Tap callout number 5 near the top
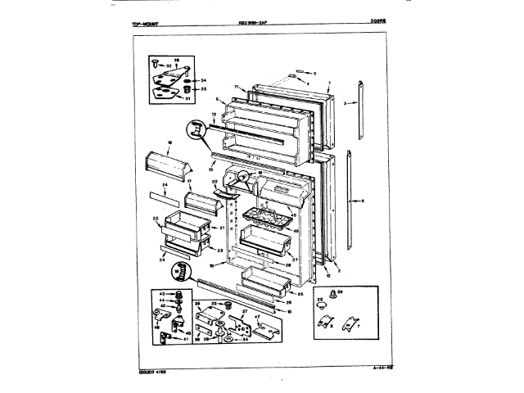(x=312, y=74)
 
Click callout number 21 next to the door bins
(x=222, y=227)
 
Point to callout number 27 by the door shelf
(x=293, y=259)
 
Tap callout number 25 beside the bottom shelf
(x=299, y=292)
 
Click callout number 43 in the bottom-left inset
(x=161, y=294)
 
